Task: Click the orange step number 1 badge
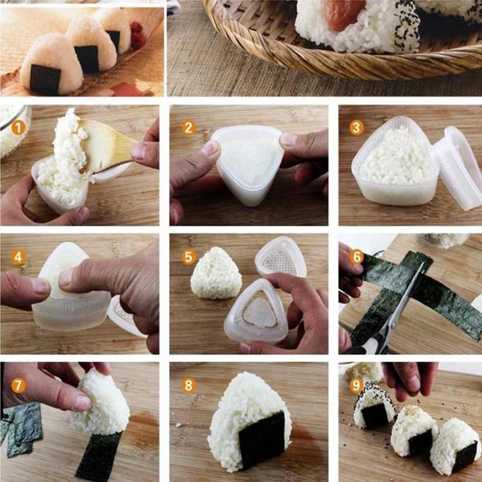click(x=18, y=128)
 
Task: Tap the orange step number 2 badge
click(x=189, y=127)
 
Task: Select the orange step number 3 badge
click(x=357, y=127)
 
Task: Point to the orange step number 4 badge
click(x=18, y=257)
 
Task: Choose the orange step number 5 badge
click(x=189, y=257)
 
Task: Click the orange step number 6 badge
click(x=357, y=257)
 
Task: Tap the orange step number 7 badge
click(x=18, y=385)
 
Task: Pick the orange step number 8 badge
click(x=189, y=385)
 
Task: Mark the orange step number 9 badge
click(x=356, y=385)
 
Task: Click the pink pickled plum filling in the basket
click(x=345, y=14)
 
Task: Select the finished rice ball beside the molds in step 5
click(x=216, y=273)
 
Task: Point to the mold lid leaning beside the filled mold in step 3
click(x=458, y=167)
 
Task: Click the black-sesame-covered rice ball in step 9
click(x=374, y=404)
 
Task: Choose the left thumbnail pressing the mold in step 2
click(x=210, y=148)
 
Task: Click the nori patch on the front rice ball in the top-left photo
click(x=45, y=79)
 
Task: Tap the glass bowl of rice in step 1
click(x=14, y=129)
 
